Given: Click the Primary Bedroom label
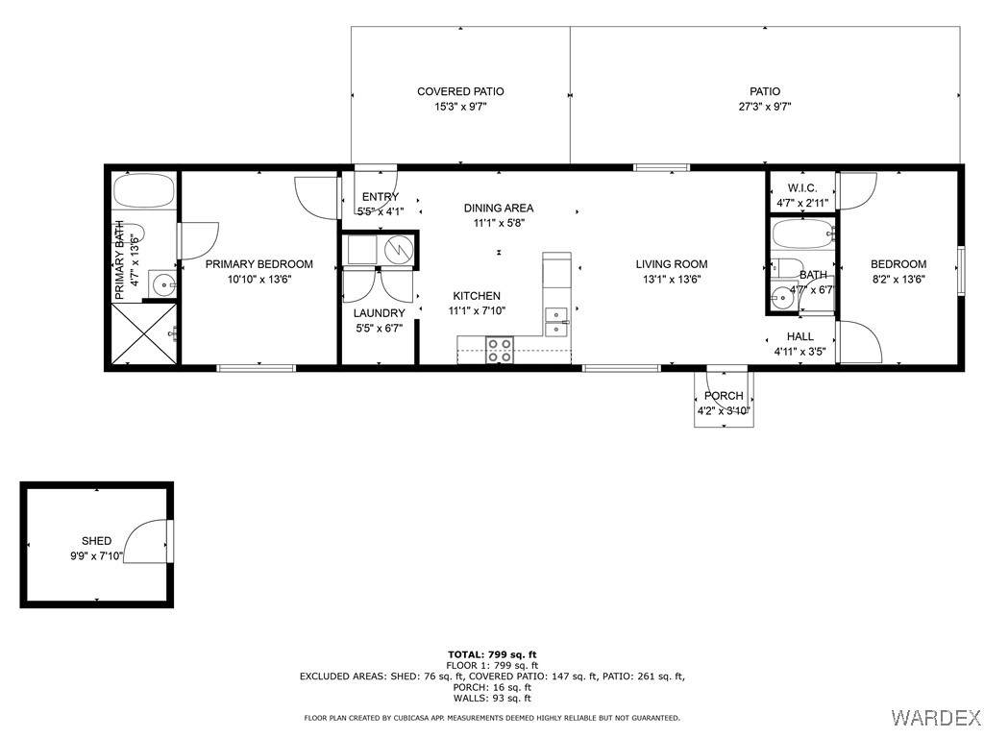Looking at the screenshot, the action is (x=259, y=264).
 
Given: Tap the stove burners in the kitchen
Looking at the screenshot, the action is (x=500, y=350).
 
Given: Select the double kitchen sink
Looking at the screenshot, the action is (x=556, y=322).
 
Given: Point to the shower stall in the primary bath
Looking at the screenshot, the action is (x=144, y=333).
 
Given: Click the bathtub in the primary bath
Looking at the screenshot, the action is (x=144, y=190).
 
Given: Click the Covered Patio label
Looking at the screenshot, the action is (x=460, y=91).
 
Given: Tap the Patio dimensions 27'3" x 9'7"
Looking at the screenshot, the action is (x=764, y=107).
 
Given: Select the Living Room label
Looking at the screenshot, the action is (x=672, y=264).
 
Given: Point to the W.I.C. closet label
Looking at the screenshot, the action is (x=802, y=188).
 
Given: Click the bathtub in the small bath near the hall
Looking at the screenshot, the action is (x=803, y=234).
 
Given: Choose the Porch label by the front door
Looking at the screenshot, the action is (x=724, y=396).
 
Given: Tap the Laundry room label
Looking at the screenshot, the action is (x=379, y=313).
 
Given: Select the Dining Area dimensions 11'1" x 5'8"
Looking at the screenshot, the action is (x=499, y=223).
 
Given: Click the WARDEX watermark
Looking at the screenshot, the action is (x=935, y=717).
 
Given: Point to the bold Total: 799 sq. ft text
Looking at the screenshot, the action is (x=492, y=655).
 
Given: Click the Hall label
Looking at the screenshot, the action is (x=800, y=337).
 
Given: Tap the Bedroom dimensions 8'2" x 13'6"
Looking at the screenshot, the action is (x=898, y=280).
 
